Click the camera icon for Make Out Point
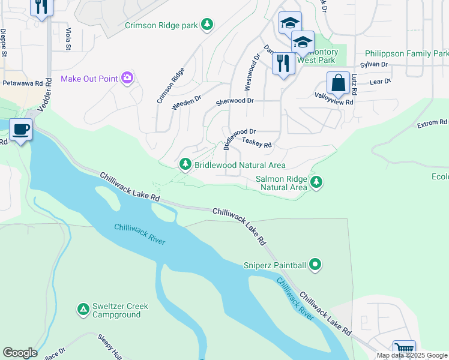coord(127,77)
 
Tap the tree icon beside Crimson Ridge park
coord(207,25)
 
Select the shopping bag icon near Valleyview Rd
coord(339,83)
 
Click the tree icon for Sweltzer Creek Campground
coord(83,310)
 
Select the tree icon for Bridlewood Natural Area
coord(185,164)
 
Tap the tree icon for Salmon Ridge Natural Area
coord(316,182)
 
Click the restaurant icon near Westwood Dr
coord(283,62)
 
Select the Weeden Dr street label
coord(185,104)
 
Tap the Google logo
coord(19,352)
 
